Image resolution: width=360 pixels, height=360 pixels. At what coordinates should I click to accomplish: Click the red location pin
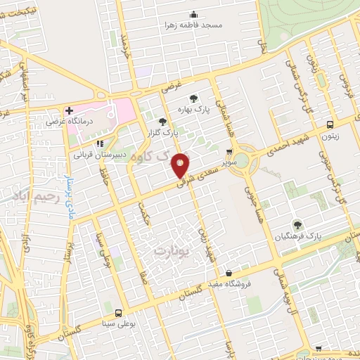pyautogui.click(x=181, y=165)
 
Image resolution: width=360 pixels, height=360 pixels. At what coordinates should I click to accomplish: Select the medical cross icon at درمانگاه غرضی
pyautogui.click(x=69, y=111)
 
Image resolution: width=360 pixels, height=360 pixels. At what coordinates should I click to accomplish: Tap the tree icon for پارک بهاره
pyautogui.click(x=194, y=98)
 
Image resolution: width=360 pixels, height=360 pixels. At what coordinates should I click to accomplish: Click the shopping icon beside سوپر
pyautogui.click(x=229, y=152)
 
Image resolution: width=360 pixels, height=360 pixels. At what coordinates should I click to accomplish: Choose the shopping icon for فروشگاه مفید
pyautogui.click(x=229, y=273)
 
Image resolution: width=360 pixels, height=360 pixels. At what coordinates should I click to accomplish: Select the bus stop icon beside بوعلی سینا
pyautogui.click(x=117, y=314)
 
